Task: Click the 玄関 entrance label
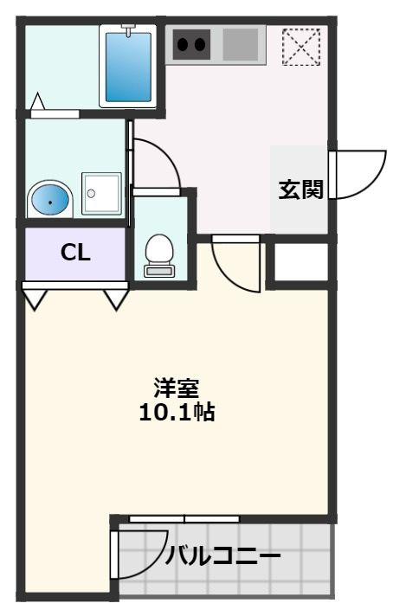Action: (300, 189)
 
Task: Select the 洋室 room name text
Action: (177, 387)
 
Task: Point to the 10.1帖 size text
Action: (177, 412)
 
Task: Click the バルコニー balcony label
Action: (222, 555)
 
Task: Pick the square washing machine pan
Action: (101, 193)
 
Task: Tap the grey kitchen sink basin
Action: (241, 44)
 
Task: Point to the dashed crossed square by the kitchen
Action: (301, 47)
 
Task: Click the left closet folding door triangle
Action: (35, 299)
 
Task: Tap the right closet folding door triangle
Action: (116, 299)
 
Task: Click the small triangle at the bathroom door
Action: (37, 104)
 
